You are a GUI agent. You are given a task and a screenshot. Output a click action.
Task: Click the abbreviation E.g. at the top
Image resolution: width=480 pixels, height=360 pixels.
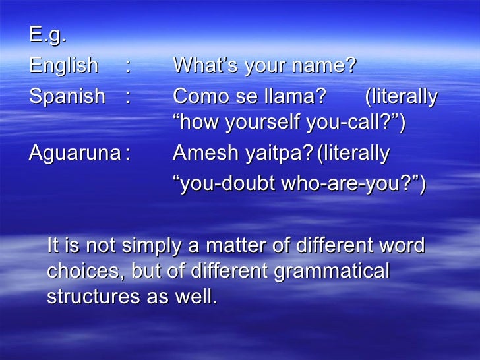click(x=48, y=36)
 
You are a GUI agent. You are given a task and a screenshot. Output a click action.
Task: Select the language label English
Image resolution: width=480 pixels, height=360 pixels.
click(x=63, y=66)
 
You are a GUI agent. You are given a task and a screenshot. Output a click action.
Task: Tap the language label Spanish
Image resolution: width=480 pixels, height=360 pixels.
click(x=67, y=97)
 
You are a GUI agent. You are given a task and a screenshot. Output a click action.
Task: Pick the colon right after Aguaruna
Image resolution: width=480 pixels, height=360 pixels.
click(x=127, y=154)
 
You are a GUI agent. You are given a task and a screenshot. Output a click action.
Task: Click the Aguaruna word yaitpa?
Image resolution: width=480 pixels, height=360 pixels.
click(x=279, y=154)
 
